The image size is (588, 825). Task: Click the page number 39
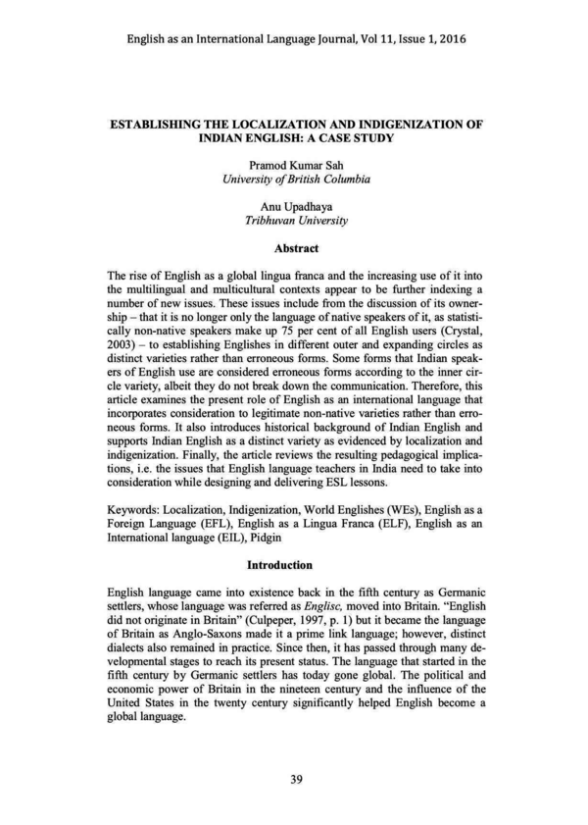pos(294,780)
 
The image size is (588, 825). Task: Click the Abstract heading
pos(293,250)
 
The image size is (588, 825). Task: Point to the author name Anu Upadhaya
pos(294,207)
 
